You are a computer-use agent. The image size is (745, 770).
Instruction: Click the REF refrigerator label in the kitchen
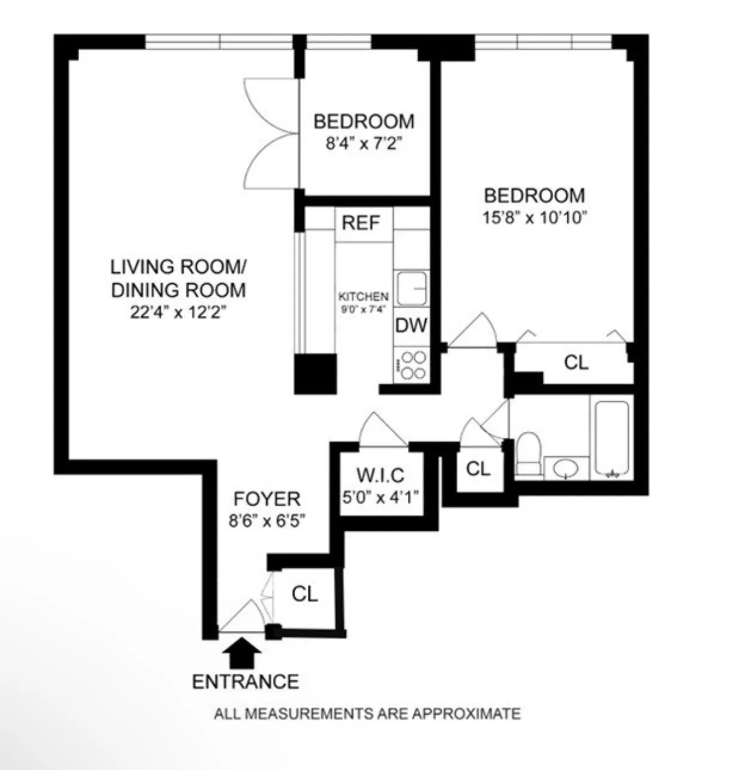pyautogui.click(x=361, y=223)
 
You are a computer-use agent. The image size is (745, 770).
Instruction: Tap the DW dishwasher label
pyautogui.click(x=411, y=326)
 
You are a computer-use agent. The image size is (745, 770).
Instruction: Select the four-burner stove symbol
pyautogui.click(x=413, y=365)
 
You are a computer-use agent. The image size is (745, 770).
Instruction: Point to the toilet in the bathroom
pyautogui.click(x=528, y=455)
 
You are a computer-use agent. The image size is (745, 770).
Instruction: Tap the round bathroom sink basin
pyautogui.click(x=566, y=469)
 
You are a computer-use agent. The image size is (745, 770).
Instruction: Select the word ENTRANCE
pyautogui.click(x=245, y=682)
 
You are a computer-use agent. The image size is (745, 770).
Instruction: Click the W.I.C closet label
pyautogui.click(x=380, y=476)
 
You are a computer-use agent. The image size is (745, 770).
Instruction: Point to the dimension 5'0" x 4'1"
pyautogui.click(x=380, y=497)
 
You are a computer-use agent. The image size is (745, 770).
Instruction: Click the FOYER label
pyautogui.click(x=267, y=499)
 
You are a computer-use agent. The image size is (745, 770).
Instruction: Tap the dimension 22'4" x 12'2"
pyautogui.click(x=178, y=313)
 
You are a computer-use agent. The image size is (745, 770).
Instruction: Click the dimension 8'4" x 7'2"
pyautogui.click(x=364, y=145)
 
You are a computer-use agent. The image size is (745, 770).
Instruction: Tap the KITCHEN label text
pyautogui.click(x=364, y=297)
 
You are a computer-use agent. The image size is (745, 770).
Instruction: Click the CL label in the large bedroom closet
pyautogui.click(x=576, y=362)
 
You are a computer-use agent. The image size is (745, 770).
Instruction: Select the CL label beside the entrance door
pyautogui.click(x=305, y=594)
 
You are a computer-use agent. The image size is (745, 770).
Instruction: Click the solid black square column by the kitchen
pyautogui.click(x=315, y=374)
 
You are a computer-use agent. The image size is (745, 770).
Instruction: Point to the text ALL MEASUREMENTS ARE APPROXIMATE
pyautogui.click(x=367, y=714)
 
